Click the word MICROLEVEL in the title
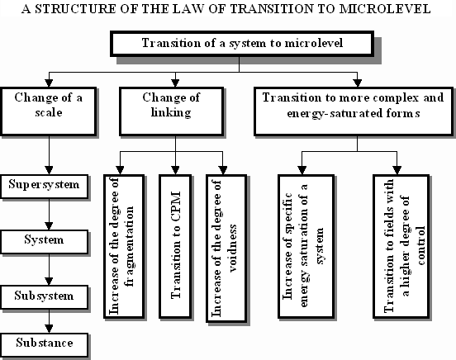pos(385,9)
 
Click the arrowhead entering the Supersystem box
pos(49,170)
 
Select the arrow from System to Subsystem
pos(49,269)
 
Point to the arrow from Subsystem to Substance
pos(49,321)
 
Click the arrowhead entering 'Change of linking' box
pos(175,83)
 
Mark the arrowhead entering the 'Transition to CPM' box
pos(175,170)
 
